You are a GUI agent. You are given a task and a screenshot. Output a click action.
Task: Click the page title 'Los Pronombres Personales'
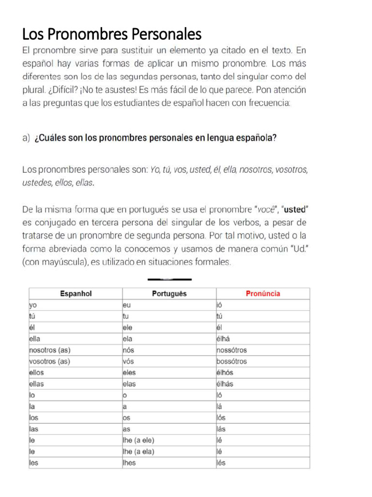pos(112,34)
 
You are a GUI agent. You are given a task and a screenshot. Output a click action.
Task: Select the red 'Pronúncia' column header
pos(263,294)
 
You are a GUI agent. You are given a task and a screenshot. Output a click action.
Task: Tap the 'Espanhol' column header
pos(76,294)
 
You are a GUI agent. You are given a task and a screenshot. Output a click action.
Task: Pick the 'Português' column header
pos(169,294)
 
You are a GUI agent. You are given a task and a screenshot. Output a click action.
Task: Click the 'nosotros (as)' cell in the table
pos(50,350)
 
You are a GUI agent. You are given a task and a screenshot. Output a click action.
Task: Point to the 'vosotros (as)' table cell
pos(50,362)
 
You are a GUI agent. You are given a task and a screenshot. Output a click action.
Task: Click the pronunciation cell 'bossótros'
pos(232,362)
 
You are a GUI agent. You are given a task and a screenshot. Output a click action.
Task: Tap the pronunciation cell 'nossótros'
pos(232,350)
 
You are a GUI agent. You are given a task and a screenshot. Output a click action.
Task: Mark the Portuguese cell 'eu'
pos(127,305)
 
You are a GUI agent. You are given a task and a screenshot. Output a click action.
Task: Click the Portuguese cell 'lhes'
pos(129,463)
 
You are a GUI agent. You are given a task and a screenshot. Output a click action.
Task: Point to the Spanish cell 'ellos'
pos(37,373)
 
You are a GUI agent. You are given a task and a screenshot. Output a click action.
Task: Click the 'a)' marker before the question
pos(27,138)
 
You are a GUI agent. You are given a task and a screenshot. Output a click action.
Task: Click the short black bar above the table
pos(169,279)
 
